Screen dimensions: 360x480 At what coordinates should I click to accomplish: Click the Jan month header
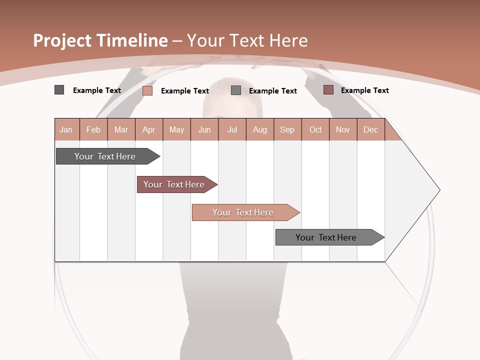pyautogui.click(x=66, y=129)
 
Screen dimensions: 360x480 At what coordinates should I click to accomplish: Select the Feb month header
pyautogui.click(x=93, y=129)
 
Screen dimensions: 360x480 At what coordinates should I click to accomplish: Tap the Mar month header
pyautogui.click(x=121, y=129)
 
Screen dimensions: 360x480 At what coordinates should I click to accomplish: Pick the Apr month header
pyautogui.click(x=149, y=129)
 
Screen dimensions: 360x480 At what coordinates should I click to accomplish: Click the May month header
pyautogui.click(x=176, y=129)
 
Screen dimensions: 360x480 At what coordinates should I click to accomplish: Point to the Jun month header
pyautogui.click(x=204, y=129)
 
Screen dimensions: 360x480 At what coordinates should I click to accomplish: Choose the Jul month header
pyautogui.click(x=232, y=129)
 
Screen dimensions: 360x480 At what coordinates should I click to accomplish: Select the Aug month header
pyautogui.click(x=260, y=129)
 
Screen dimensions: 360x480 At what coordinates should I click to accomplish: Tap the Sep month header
pyautogui.click(x=287, y=129)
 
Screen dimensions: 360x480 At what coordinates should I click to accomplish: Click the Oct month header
pyautogui.click(x=315, y=129)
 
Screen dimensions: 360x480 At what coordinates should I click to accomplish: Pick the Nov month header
pyautogui.click(x=343, y=129)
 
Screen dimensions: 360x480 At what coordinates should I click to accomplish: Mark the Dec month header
pyautogui.click(x=371, y=129)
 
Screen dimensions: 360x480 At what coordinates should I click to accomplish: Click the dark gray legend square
pyautogui.click(x=59, y=90)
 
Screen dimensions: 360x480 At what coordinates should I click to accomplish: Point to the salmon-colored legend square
pyautogui.click(x=147, y=90)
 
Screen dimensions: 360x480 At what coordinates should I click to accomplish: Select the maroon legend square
pyautogui.click(x=328, y=90)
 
